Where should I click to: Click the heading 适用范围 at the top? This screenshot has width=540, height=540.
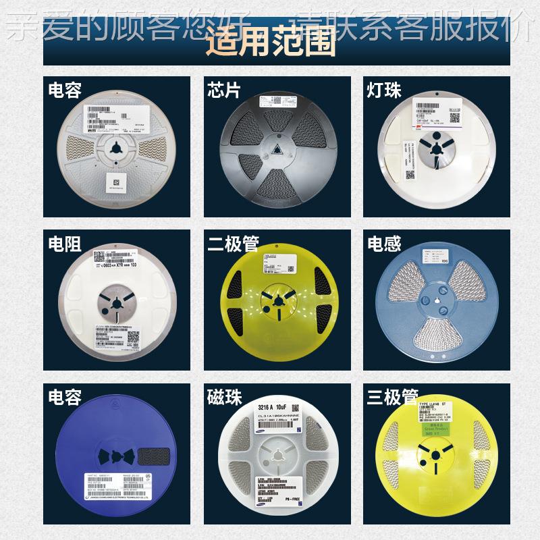tap(271, 43)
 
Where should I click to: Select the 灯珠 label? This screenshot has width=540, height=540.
tap(383, 90)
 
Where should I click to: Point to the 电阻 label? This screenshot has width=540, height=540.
tap(65, 244)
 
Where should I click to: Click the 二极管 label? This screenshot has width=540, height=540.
tap(233, 244)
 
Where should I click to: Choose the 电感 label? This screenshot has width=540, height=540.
tap(384, 244)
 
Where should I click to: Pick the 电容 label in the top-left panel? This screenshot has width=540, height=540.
tap(65, 90)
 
